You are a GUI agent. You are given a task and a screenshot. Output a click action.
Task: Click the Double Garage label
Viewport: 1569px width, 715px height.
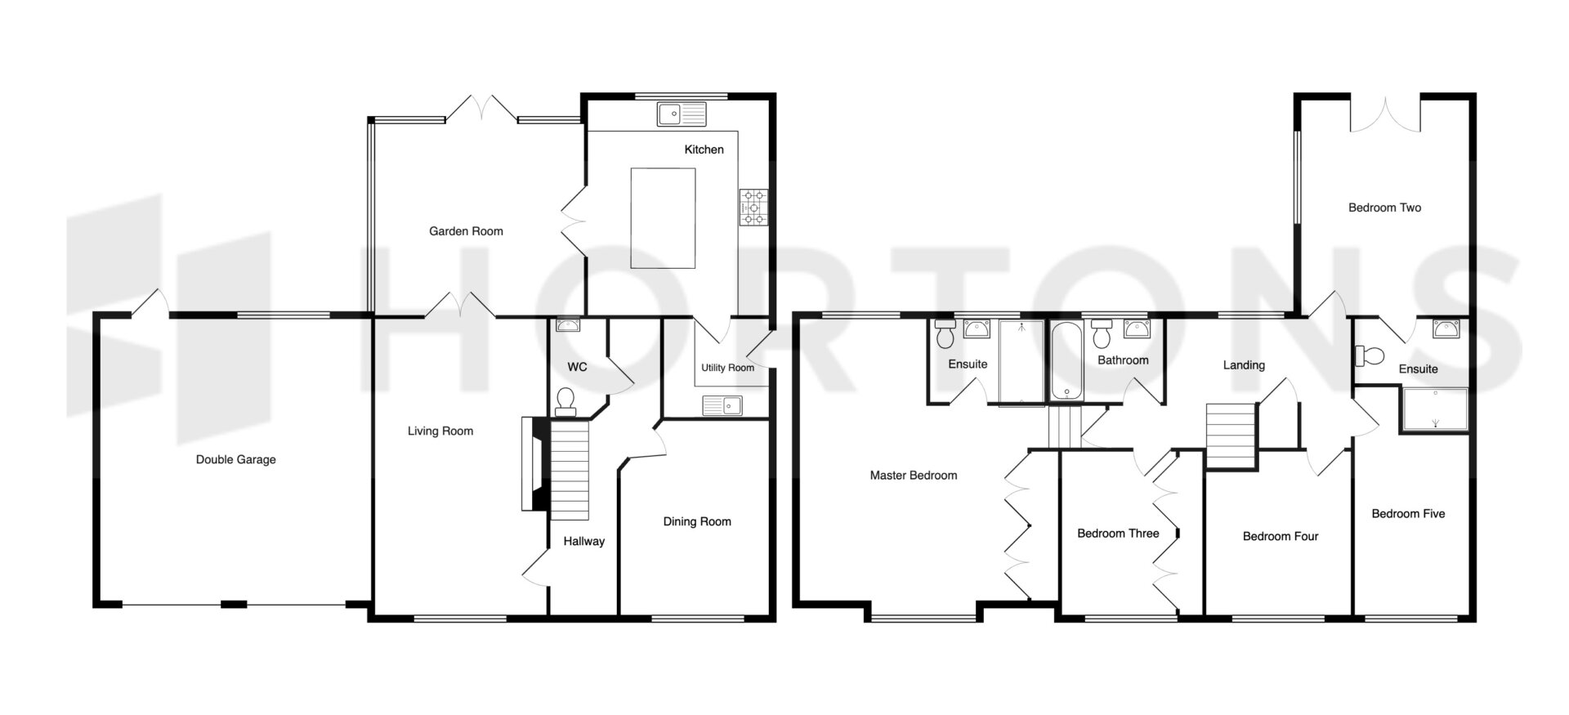point(235,459)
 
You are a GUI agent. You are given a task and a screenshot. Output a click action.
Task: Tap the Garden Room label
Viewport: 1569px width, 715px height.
point(466,231)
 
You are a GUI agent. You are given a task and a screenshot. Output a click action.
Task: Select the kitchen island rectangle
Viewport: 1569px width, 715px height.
point(663,218)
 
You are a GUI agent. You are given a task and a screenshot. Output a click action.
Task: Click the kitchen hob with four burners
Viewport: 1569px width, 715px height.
point(753,208)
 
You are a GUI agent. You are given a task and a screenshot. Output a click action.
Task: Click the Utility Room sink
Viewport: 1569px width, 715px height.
point(721,404)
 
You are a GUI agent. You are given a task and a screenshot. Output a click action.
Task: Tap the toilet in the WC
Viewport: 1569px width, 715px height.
point(565,399)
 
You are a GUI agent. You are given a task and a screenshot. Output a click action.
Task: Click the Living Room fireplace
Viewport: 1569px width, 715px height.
point(532,464)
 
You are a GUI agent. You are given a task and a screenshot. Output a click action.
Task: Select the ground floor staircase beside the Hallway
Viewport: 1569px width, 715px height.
point(569,470)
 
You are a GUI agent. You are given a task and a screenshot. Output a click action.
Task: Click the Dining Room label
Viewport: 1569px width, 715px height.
point(697,521)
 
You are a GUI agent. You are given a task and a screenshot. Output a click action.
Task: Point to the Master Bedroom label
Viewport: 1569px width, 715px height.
point(913,475)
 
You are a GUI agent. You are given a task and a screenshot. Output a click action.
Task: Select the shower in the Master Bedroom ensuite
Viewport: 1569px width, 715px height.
point(1021,362)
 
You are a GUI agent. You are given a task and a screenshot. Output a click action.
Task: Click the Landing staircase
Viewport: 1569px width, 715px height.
point(1230,436)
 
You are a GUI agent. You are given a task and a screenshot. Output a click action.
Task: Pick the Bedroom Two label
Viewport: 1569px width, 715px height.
point(1384,208)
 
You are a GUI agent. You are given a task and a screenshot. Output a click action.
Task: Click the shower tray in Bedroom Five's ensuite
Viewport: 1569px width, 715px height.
point(1435,409)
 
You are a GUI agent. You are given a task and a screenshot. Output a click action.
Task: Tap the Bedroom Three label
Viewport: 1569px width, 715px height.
point(1118,534)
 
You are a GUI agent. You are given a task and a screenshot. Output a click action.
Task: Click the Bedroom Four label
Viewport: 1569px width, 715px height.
point(1281,536)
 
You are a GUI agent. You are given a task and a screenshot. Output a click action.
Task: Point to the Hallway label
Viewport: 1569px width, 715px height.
point(583,541)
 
